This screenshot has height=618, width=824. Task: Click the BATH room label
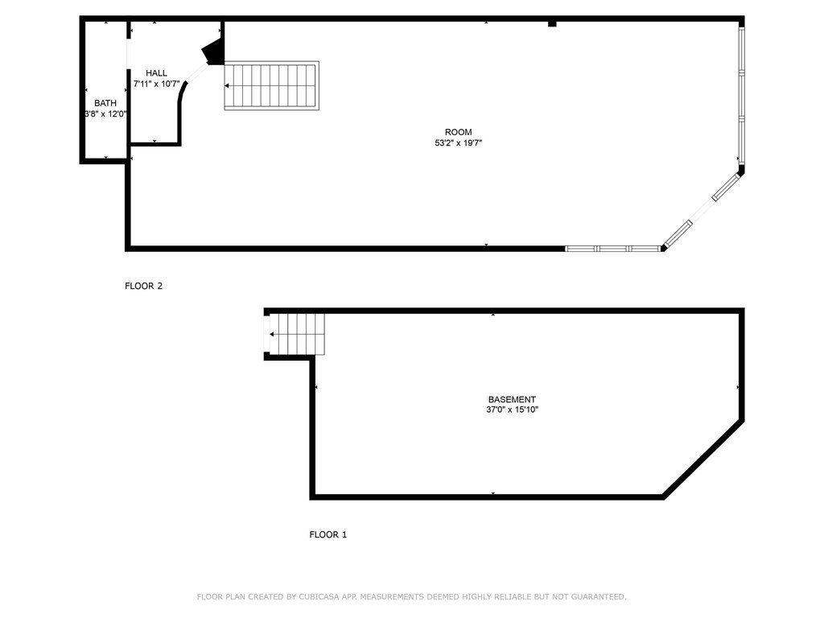point(105,103)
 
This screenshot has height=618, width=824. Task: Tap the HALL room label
point(156,73)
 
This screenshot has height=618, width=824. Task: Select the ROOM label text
point(458,132)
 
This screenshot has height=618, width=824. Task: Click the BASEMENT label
point(512,399)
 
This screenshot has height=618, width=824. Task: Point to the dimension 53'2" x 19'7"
point(458,142)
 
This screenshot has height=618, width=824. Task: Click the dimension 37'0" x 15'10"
point(513,410)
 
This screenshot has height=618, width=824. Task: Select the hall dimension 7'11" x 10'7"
point(157,84)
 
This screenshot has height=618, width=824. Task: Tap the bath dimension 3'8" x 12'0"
point(105,113)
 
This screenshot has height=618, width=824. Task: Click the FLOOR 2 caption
point(143,286)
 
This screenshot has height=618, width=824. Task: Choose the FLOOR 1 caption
point(328,534)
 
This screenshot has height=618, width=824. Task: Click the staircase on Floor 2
point(272,85)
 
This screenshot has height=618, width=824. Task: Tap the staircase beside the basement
point(297,334)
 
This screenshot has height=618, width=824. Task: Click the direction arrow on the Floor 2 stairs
point(226,85)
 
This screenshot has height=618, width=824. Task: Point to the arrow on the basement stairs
point(272,334)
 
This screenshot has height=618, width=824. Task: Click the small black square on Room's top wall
point(552,23)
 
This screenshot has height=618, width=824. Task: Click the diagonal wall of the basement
point(703,459)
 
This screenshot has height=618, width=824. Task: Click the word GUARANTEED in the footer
point(599,596)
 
